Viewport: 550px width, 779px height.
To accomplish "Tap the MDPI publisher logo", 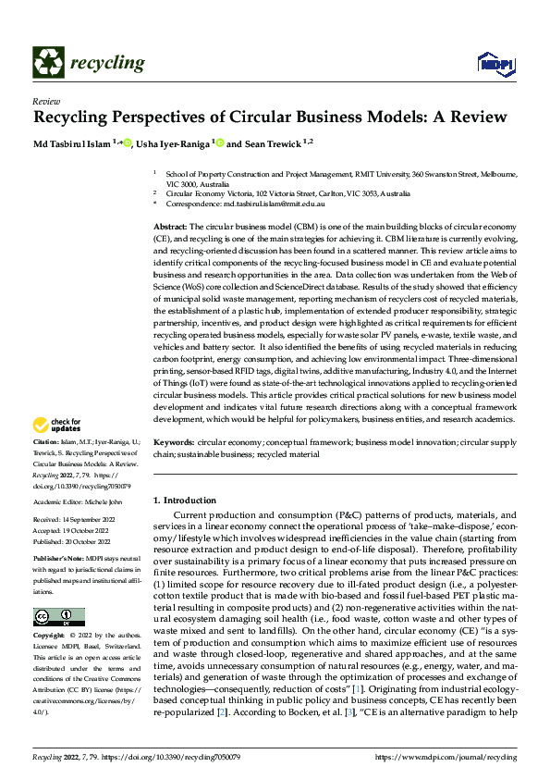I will [495, 63].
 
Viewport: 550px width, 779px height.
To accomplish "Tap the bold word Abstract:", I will [170, 227].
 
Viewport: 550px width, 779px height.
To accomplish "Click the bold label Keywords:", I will [173, 443].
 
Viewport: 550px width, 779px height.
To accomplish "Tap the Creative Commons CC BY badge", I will [58, 617].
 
